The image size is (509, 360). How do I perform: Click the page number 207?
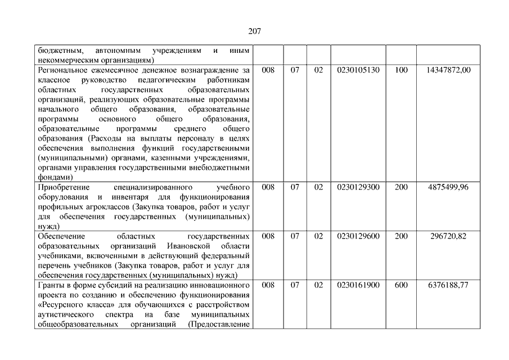pos(254,31)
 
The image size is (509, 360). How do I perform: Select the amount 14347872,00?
pos(448,70)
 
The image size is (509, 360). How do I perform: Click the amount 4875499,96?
pos(448,187)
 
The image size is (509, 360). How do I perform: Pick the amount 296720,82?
pos(448,236)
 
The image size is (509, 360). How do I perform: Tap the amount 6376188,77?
pos(448,285)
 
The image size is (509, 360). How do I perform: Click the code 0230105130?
pos(358,70)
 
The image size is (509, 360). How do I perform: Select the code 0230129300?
pos(358,187)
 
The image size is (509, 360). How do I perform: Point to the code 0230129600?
pos(358,236)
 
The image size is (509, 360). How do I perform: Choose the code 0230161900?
pos(358,285)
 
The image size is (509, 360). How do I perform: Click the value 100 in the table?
pos(401,70)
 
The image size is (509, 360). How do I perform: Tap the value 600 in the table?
pos(401,285)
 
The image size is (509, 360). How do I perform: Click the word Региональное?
pos(62,70)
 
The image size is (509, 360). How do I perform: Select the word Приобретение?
pos(62,187)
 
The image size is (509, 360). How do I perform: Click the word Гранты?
pos(50,285)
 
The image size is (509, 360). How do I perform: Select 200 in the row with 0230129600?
pos(401,236)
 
